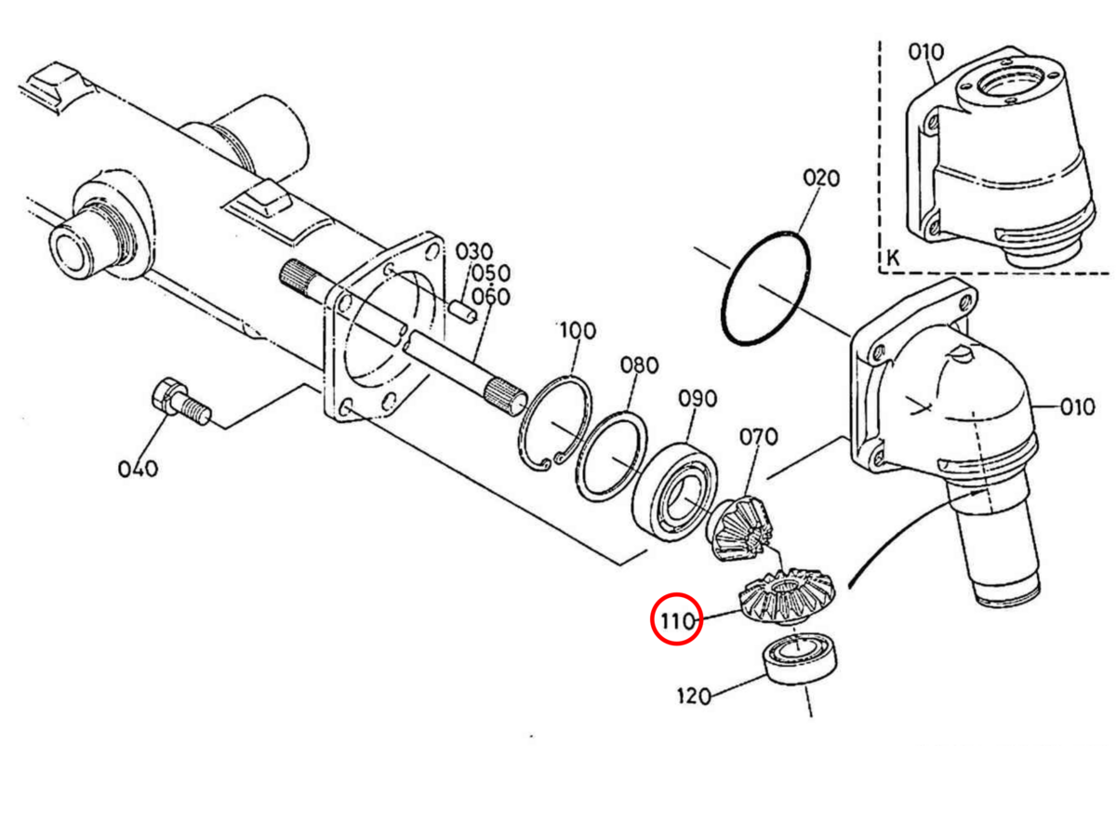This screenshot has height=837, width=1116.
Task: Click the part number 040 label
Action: point(138,469)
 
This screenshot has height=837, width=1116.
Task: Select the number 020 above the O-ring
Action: point(821,179)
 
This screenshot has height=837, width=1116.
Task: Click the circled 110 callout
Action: point(677,620)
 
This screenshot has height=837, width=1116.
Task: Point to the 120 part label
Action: point(694,696)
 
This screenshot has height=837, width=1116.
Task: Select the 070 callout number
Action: point(759,436)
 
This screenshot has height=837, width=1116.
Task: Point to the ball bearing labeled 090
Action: point(674,492)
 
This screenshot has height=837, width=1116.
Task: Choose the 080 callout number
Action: point(639,365)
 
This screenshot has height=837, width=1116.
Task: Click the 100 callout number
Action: point(578,331)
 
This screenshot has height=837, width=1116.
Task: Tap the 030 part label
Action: point(474,252)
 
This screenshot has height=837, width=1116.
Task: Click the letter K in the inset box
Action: point(893,259)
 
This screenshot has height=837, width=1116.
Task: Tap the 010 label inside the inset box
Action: point(926,52)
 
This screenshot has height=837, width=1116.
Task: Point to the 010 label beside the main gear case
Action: point(1077,407)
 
